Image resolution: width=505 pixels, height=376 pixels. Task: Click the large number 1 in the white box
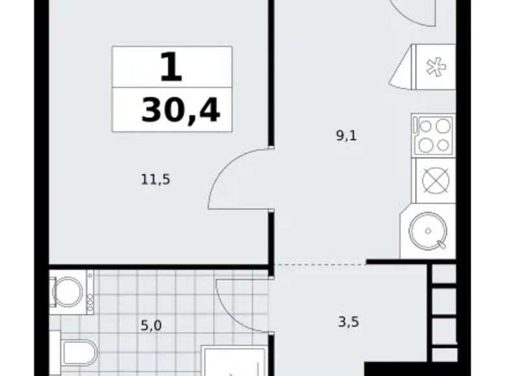click(171, 67)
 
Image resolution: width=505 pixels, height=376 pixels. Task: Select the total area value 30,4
click(181, 110)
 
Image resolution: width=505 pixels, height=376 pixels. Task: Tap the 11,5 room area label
click(155, 180)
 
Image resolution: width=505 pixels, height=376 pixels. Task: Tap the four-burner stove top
click(433, 135)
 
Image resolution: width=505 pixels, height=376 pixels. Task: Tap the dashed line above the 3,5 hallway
click(317, 264)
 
